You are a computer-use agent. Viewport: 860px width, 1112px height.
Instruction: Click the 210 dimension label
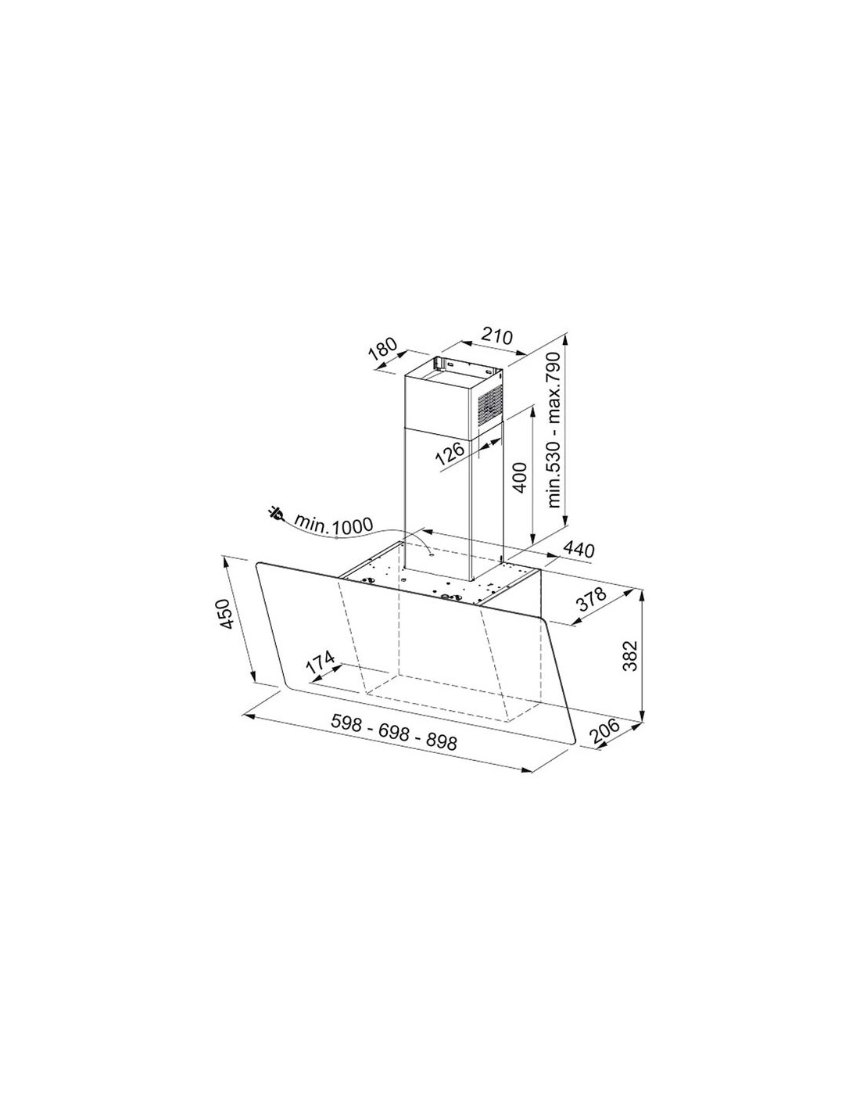pyautogui.click(x=496, y=336)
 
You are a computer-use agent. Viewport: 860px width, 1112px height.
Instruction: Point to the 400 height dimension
pyautogui.click(x=520, y=476)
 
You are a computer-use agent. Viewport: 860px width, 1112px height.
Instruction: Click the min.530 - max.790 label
pyautogui.click(x=554, y=430)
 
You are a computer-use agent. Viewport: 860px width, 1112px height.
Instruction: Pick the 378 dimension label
pyautogui.click(x=591, y=601)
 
